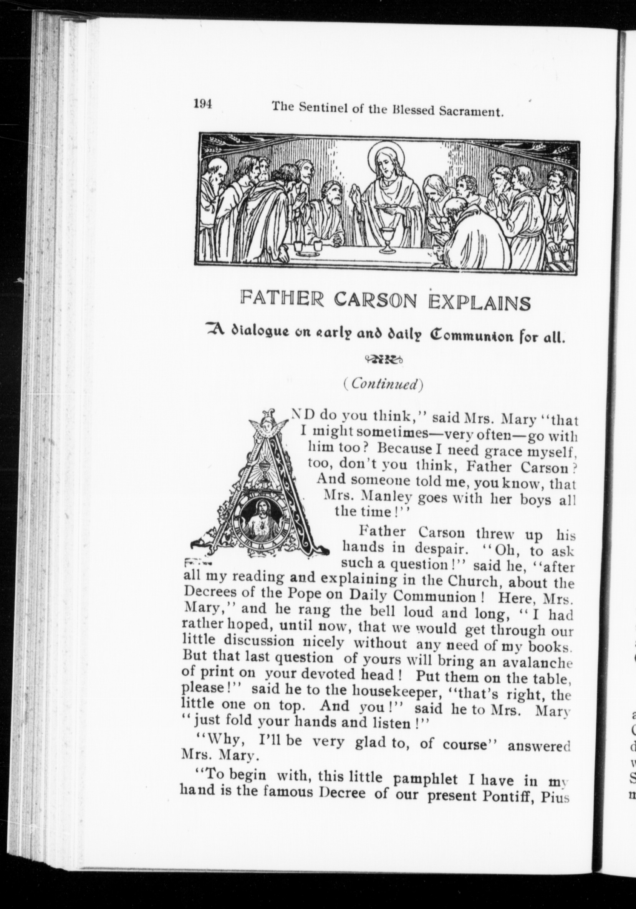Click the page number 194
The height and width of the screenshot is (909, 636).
tap(203, 104)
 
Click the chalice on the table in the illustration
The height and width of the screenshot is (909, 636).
tap(387, 240)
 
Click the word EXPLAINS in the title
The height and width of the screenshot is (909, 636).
tap(480, 304)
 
